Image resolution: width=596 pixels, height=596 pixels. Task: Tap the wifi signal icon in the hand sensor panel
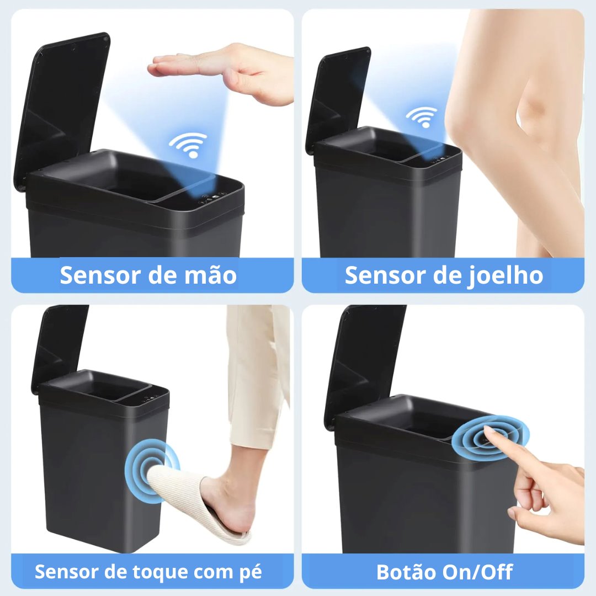tap(189, 145)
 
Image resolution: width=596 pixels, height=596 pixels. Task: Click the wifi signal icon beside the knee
tap(422, 116)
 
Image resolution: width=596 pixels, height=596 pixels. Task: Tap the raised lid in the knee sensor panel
tap(338, 99)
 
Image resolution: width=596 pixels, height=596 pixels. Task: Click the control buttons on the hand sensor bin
tap(212, 199)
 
